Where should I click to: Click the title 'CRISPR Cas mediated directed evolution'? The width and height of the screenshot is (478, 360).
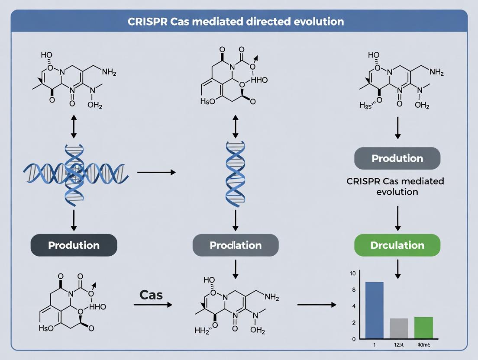click(236, 21)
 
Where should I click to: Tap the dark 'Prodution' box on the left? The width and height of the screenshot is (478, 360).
click(74, 245)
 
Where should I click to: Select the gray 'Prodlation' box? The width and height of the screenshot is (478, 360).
click(236, 245)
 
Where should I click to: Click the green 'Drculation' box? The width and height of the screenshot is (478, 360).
click(397, 245)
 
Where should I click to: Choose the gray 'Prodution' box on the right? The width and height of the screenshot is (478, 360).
click(397, 158)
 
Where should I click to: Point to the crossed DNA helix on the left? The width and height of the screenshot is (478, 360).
click(74, 172)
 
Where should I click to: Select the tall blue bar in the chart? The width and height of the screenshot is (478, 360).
click(375, 310)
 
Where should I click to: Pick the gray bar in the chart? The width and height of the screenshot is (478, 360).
click(399, 328)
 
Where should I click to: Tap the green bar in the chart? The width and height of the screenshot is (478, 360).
click(423, 328)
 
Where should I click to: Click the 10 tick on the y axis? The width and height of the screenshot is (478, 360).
click(352, 273)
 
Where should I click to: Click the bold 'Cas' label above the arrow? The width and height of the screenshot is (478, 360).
click(151, 295)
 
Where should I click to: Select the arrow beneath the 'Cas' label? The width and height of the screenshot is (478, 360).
click(152, 305)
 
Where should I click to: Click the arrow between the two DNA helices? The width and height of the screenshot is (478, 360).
click(156, 172)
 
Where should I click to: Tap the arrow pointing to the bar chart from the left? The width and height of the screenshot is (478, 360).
click(317, 305)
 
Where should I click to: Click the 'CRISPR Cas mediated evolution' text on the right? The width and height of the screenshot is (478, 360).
click(395, 186)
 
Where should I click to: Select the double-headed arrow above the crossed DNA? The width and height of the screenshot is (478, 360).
click(74, 126)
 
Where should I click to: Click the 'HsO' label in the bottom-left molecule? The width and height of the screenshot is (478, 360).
click(46, 328)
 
